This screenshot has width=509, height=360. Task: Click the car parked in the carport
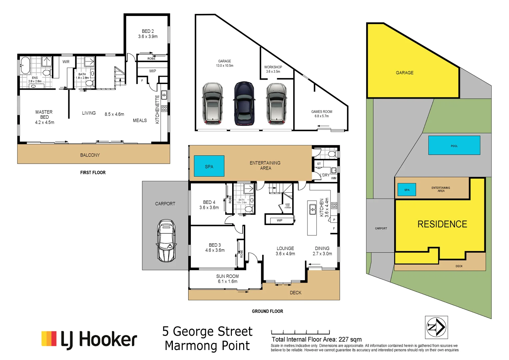[166, 240]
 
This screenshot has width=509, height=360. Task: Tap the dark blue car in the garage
[244, 103]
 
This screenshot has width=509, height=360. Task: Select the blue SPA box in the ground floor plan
[209, 166]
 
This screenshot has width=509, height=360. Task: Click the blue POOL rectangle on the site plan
[454, 145]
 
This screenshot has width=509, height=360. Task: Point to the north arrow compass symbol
[436, 327]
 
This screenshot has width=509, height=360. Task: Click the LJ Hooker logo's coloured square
[49, 338]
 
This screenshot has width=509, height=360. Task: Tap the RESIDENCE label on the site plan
[442, 224]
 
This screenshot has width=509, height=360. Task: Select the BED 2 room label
[148, 34]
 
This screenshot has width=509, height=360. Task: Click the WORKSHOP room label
[273, 69]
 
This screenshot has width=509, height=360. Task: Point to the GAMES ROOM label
[321, 114]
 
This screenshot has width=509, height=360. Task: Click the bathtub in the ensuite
[25, 65]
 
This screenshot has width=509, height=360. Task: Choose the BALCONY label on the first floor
[90, 155]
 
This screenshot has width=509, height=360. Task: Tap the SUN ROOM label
[228, 279]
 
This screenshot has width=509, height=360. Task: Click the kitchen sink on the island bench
[312, 209]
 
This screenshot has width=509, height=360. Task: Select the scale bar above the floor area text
[300, 332]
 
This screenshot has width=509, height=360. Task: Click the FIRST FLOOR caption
[93, 172]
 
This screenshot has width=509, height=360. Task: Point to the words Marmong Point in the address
[207, 346]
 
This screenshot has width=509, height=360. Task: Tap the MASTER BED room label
[44, 117]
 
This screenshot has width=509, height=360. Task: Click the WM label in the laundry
[333, 178]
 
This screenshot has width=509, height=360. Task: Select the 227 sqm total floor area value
[350, 339]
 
